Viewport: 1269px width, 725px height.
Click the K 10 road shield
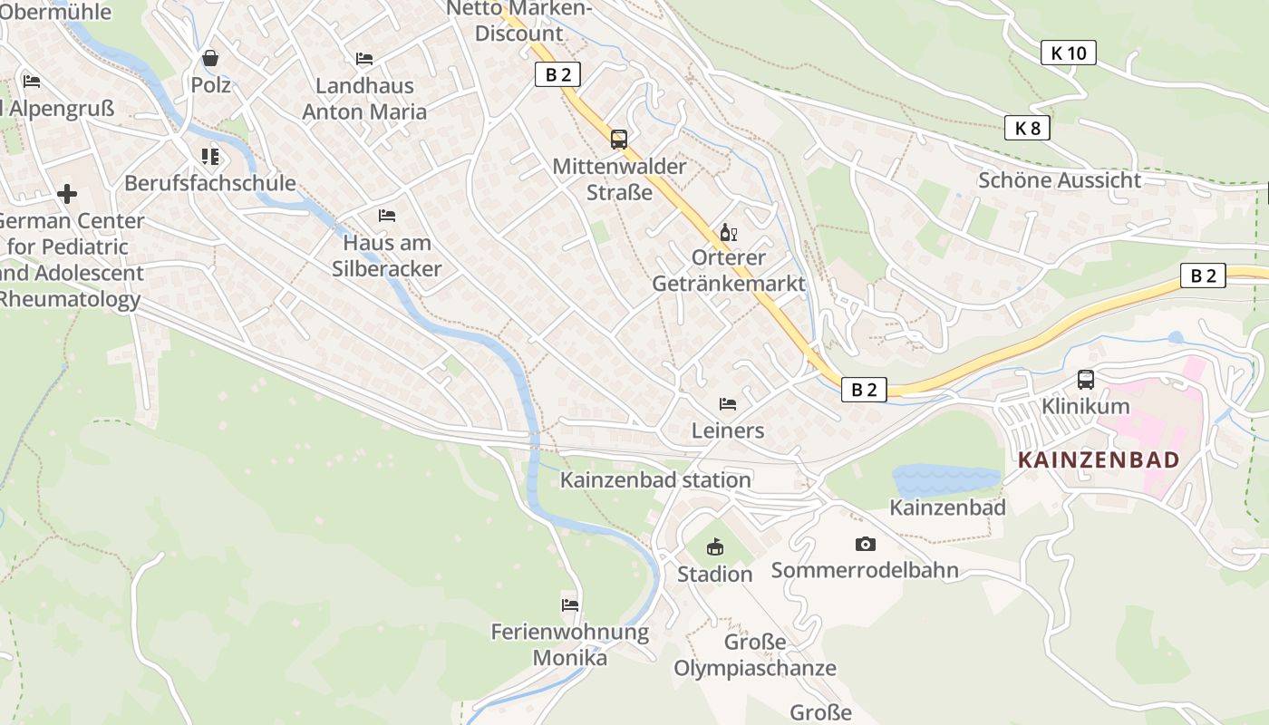pyautogui.click(x=1068, y=53)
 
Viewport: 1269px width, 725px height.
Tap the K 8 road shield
pyautogui.click(x=1027, y=129)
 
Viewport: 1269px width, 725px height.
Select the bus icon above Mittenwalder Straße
pyautogui.click(x=619, y=140)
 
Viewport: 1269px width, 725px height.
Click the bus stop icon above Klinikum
pyautogui.click(x=1085, y=380)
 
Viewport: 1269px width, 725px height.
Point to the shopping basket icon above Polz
pyautogui.click(x=210, y=59)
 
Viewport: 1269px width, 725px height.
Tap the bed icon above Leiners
pyautogui.click(x=727, y=404)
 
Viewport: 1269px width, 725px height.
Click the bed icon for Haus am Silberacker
pyautogui.click(x=387, y=216)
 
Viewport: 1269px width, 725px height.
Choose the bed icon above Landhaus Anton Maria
pyautogui.click(x=364, y=59)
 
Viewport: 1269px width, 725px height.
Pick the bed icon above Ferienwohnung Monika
pyautogui.click(x=569, y=604)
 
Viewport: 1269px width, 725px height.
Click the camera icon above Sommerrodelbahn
pyautogui.click(x=865, y=544)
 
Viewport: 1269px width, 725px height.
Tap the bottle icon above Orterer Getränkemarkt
pyautogui.click(x=728, y=233)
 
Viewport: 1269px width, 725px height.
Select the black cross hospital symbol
pyautogui.click(x=66, y=194)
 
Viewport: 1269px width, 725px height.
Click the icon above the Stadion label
pyautogui.click(x=715, y=546)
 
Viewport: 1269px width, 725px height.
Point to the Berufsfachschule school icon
pyautogui.click(x=210, y=157)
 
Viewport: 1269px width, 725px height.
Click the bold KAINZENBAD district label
pyautogui.click(x=1098, y=459)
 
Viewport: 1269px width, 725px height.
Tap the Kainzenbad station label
pyautogui.click(x=655, y=480)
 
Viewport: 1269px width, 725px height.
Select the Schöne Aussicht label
pyautogui.click(x=1059, y=179)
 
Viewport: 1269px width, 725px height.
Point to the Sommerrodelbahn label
pyautogui.click(x=865, y=570)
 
